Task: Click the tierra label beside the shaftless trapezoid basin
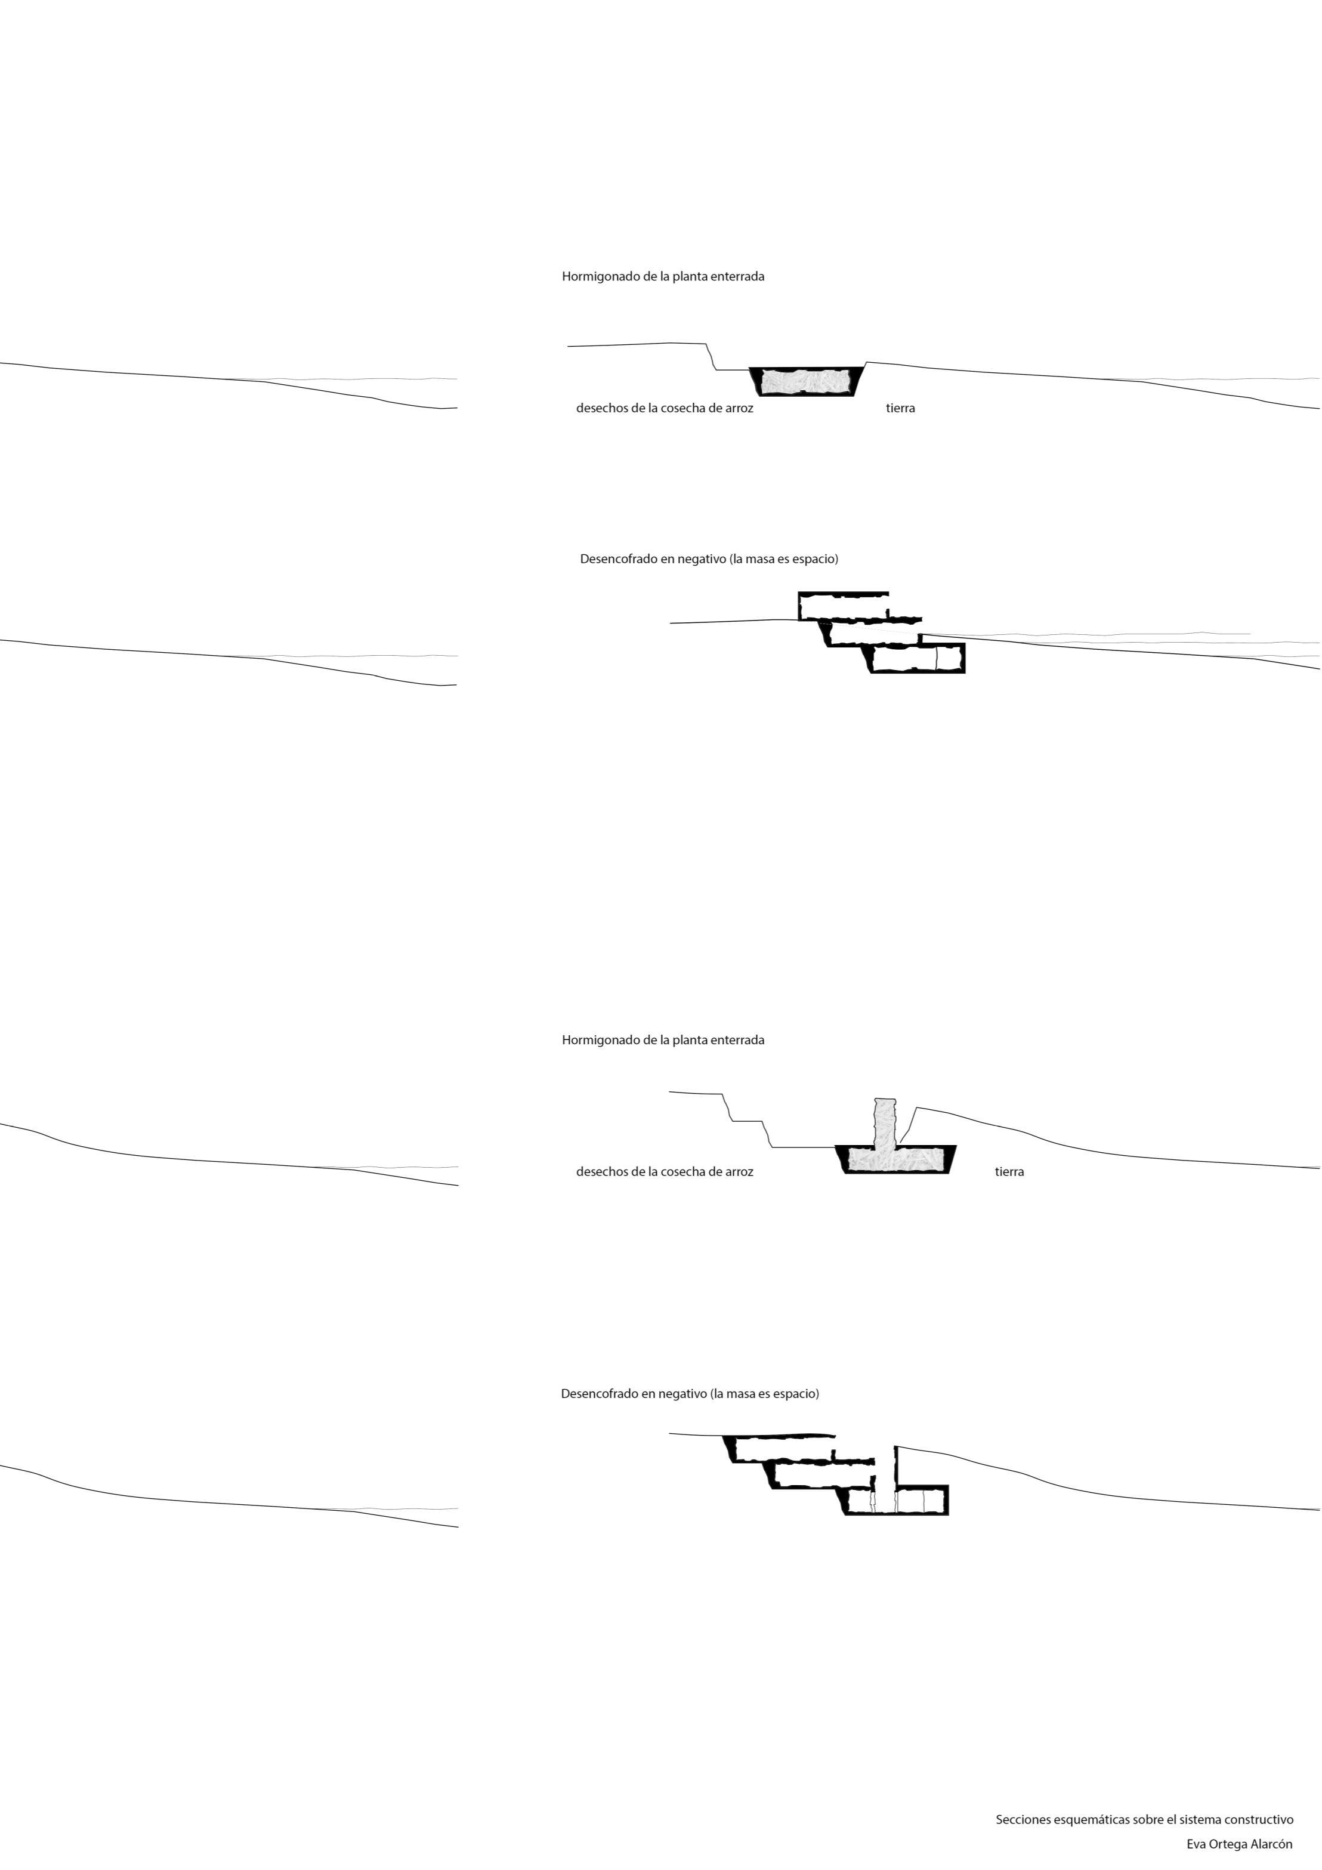pyautogui.click(x=900, y=408)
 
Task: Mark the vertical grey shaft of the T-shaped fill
pyautogui.click(x=885, y=1122)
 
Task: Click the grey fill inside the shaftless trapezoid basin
pyautogui.click(x=802, y=381)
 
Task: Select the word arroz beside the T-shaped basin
pyautogui.click(x=739, y=1171)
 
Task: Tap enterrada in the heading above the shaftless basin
pyautogui.click(x=737, y=276)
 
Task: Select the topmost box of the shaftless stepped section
pyautogui.click(x=843, y=606)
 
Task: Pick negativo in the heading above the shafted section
pyautogui.click(x=681, y=1393)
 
